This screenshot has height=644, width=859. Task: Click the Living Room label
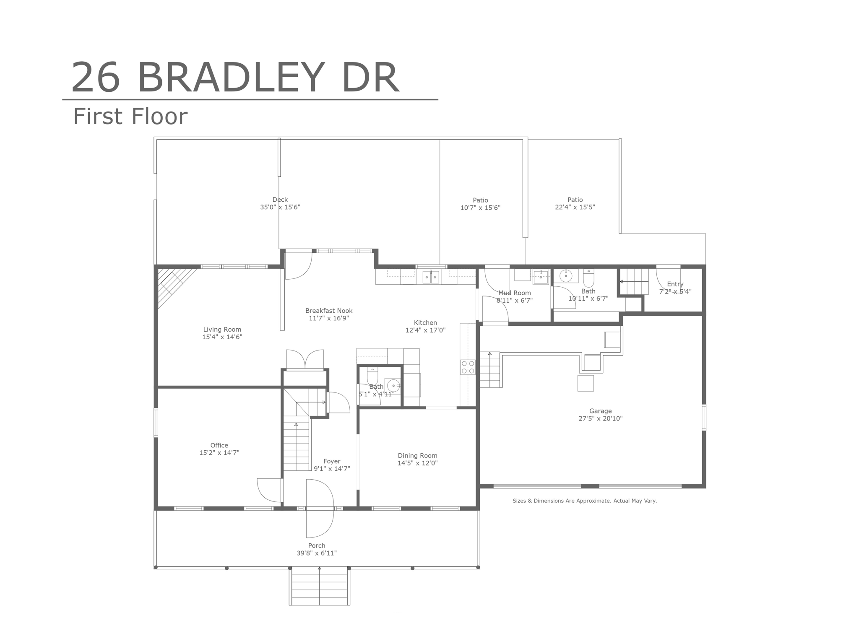pyautogui.click(x=222, y=330)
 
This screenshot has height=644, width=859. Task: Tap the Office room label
pyautogui.click(x=219, y=445)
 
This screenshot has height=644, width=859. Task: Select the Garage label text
pyautogui.click(x=600, y=411)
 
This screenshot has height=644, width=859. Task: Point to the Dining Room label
pyautogui.click(x=417, y=456)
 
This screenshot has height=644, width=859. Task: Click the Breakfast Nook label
pyautogui.click(x=329, y=311)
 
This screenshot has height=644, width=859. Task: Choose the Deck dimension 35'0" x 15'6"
pyautogui.click(x=280, y=207)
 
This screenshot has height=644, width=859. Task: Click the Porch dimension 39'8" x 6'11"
pyautogui.click(x=317, y=553)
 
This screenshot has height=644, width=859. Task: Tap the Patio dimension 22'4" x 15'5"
pyautogui.click(x=575, y=207)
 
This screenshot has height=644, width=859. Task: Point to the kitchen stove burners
pyautogui.click(x=468, y=367)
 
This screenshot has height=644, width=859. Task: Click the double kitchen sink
pyautogui.click(x=431, y=277)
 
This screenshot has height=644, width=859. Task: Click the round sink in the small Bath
pyautogui.click(x=393, y=385)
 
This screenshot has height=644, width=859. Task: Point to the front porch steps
pyautogui.click(x=320, y=586)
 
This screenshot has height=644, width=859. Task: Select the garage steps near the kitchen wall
pyautogui.click(x=490, y=369)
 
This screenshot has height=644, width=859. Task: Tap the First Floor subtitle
pyautogui.click(x=130, y=116)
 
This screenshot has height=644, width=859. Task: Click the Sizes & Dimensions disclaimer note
pyautogui.click(x=585, y=501)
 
